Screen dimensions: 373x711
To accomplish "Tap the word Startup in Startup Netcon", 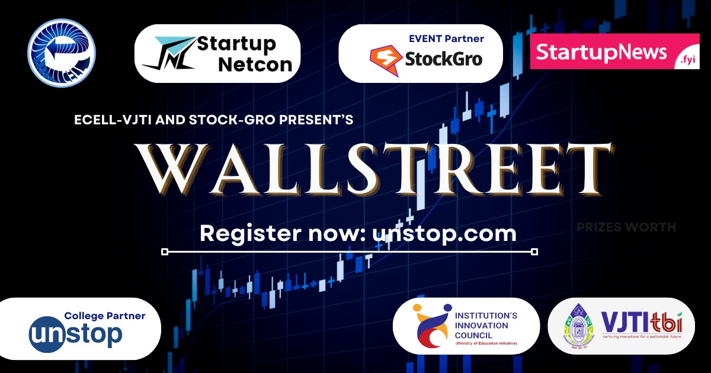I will (236, 44).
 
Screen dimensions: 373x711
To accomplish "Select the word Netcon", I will (255, 64).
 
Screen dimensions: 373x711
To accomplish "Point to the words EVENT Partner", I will (446, 39).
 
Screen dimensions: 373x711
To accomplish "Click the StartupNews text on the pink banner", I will (601, 52).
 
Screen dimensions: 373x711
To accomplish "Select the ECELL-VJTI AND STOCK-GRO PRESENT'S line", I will (214, 120).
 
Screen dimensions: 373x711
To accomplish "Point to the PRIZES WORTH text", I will (626, 227).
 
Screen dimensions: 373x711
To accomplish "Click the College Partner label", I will (104, 316).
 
